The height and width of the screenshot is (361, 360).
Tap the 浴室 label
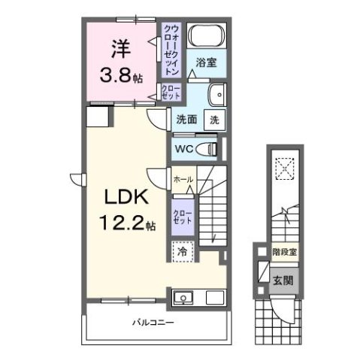click(x=207, y=64)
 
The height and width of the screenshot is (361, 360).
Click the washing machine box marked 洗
click(x=214, y=119)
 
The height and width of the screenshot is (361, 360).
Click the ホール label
click(x=183, y=180)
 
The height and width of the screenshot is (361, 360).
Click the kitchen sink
click(x=183, y=298)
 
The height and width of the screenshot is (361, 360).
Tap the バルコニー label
click(x=155, y=323)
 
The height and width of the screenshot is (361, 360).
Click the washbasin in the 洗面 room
click(x=216, y=95)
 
